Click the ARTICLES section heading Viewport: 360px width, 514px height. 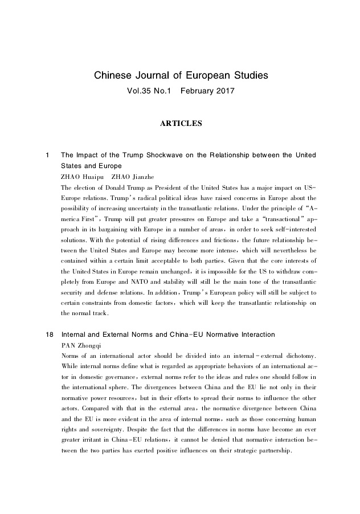pos(180,123)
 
